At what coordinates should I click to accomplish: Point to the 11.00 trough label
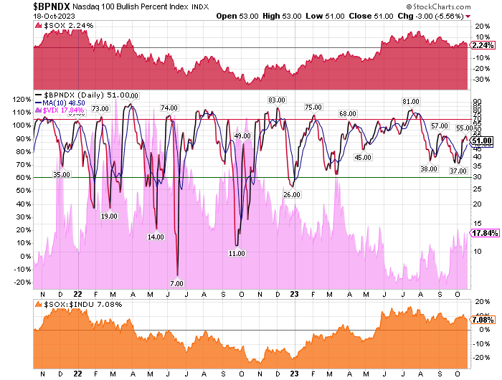(237, 253)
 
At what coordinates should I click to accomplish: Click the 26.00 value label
(291, 194)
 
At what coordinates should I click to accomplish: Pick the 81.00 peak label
(410, 102)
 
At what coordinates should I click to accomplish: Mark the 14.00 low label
(156, 237)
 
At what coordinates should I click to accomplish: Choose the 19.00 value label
(109, 216)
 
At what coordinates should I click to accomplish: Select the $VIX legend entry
(65, 110)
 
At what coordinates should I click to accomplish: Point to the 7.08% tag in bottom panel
(480, 322)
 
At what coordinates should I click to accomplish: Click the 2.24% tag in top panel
(480, 44)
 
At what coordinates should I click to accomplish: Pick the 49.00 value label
(242, 136)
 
